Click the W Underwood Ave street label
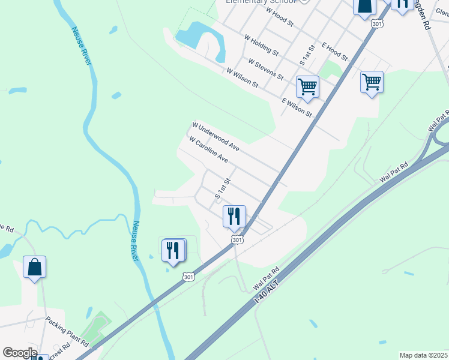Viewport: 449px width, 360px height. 215,137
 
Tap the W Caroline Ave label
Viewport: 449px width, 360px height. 208,150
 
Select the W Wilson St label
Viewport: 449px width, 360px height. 242,79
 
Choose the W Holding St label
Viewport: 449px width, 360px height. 261,45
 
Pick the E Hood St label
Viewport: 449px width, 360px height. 334,51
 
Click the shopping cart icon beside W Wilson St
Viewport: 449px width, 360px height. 307,87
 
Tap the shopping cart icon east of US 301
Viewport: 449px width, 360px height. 372,82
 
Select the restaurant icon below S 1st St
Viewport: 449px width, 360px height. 234,216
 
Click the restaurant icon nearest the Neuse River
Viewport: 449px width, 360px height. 173,250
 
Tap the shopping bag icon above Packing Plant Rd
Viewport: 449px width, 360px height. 35,267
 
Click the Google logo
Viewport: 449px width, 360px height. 19,353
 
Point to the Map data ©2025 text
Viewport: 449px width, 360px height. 423,355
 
